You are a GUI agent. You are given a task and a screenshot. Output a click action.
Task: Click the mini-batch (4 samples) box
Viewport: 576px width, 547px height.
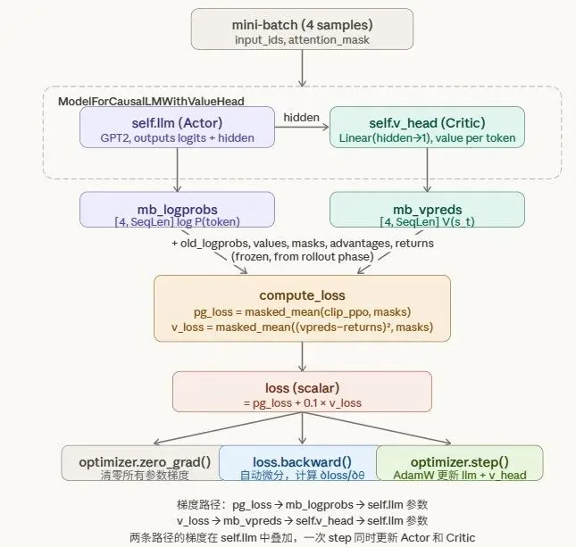(302, 29)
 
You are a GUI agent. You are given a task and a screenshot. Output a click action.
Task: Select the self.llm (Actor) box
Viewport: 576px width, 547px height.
(177, 127)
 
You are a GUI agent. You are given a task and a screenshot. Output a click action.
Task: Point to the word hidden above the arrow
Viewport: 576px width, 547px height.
(301, 117)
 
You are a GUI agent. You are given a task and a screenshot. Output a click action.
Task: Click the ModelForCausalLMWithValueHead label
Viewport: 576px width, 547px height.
(151, 102)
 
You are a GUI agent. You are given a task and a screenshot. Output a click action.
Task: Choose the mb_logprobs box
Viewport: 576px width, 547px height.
(177, 209)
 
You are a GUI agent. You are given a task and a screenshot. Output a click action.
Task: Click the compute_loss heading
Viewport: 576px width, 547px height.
(302, 294)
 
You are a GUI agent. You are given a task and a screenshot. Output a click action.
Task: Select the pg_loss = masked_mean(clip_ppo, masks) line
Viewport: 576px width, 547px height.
(302, 311)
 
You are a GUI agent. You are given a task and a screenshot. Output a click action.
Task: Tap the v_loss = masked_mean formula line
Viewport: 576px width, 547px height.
(302, 327)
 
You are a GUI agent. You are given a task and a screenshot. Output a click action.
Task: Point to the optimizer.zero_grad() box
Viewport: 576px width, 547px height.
(144, 462)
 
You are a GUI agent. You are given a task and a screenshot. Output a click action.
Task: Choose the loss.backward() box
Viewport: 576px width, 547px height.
(296, 462)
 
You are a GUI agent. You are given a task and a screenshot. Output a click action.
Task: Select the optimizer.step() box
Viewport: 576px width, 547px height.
(459, 462)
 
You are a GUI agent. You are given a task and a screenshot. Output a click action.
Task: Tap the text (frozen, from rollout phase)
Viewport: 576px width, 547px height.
(302, 257)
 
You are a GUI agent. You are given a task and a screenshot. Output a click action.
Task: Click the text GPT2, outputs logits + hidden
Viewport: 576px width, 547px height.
(177, 137)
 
